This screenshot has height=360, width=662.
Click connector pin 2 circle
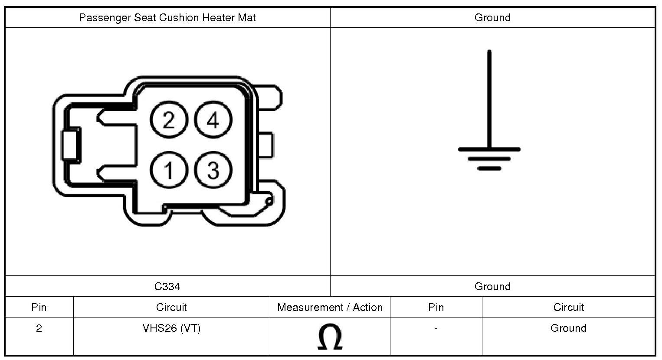(x=169, y=120)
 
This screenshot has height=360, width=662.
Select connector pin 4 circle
(x=213, y=120)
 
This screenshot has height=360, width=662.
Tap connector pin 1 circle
(x=169, y=170)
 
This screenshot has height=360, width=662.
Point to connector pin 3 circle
(x=213, y=170)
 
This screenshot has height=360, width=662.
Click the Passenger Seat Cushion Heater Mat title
(x=167, y=18)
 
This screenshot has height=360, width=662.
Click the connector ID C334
(x=167, y=287)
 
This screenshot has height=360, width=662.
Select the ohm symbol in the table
(x=330, y=337)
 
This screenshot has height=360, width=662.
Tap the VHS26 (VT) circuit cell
(x=171, y=328)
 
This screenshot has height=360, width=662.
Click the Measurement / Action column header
(x=330, y=308)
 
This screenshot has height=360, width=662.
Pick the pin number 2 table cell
(x=39, y=328)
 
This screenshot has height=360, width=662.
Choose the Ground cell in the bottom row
(x=568, y=328)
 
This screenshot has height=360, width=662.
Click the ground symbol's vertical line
(x=489, y=100)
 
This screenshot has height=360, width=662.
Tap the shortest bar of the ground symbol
(x=489, y=168)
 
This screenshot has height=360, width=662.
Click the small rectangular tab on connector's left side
(x=71, y=145)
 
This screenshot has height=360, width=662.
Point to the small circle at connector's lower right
(x=269, y=201)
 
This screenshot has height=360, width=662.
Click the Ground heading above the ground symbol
(x=492, y=18)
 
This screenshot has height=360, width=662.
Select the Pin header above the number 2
(x=39, y=308)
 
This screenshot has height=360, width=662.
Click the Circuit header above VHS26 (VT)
(x=171, y=308)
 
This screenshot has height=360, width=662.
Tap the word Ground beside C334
(x=492, y=287)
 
